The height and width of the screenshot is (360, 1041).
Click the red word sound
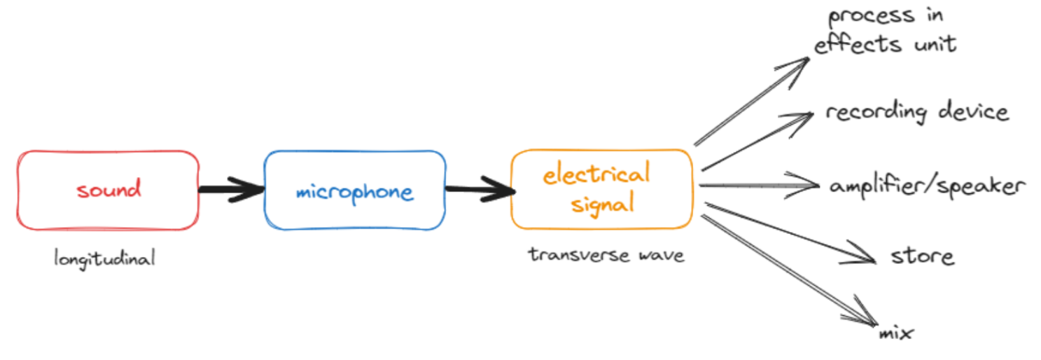(109, 189)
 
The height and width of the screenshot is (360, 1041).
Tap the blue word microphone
(354, 192)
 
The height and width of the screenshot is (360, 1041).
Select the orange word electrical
(597, 174)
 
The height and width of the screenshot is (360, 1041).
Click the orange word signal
(602, 204)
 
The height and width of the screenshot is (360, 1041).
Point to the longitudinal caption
(104, 258)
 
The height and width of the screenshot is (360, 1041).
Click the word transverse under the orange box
(570, 254)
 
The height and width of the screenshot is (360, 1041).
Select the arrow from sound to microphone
(231, 189)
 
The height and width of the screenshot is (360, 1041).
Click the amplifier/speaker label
(927, 186)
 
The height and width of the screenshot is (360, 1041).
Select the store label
(922, 256)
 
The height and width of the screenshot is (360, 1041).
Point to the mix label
(896, 333)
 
